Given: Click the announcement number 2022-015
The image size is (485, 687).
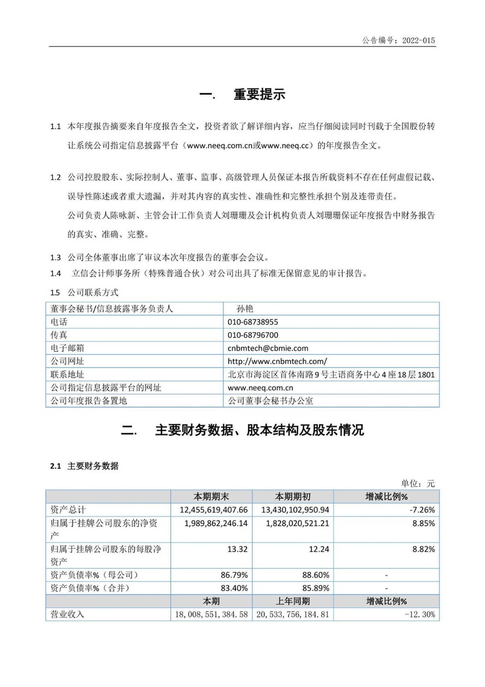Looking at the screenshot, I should tap(418, 40).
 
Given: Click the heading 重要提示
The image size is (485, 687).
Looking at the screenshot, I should tap(259, 94).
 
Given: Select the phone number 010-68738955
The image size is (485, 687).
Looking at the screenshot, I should tap(253, 322).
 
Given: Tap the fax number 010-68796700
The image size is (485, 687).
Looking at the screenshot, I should tap(253, 335).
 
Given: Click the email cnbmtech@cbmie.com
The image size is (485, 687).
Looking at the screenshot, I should tap(268, 348).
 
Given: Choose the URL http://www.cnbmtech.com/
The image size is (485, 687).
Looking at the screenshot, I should tap(277, 361).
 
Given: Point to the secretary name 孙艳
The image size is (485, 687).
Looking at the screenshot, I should tap(245, 309).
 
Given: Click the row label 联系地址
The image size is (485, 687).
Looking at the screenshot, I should tap(67, 374).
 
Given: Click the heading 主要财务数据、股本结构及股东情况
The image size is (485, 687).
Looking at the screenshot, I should tap(259, 430).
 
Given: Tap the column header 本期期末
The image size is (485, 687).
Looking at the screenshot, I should tap(211, 496).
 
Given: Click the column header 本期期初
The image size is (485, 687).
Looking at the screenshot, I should tap(293, 496).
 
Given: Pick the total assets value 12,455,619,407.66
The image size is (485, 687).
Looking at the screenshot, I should tap(213, 510).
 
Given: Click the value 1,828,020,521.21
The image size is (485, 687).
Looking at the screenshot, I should tap(297, 523).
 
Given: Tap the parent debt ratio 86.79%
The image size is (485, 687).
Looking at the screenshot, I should tap(234, 575).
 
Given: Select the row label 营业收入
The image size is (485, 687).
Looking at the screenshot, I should tap(67, 614).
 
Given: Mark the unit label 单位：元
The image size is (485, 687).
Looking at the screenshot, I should tap(418, 483).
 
